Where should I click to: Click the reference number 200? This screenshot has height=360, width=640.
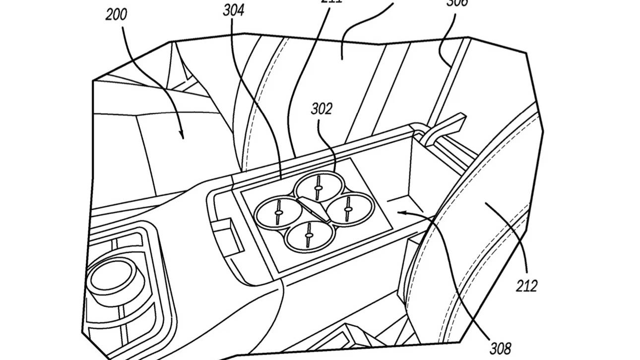pos(116,14)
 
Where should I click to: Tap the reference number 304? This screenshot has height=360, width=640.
pos(234,10)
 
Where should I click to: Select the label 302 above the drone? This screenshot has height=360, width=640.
pos(321,109)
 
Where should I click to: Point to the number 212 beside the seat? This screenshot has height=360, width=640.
pos(526,286)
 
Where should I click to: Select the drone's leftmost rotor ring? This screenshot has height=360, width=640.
pos(278,212)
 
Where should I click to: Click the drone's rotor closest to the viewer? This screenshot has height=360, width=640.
pos(309,235)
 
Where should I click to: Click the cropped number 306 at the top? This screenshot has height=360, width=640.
pos(456,2)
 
